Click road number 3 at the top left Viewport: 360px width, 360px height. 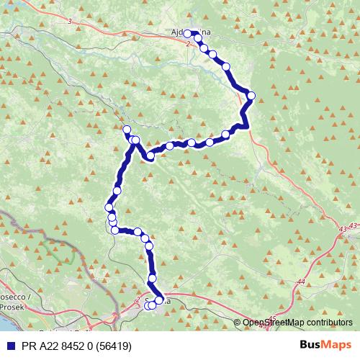click(x=70, y=22)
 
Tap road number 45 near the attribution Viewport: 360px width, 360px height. click(x=272, y=318)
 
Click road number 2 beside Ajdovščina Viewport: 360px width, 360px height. click(x=187, y=44)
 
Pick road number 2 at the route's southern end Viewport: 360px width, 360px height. click(x=137, y=300)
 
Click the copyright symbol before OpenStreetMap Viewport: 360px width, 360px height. click(x=238, y=323)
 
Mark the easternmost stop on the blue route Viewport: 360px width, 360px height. click(x=251, y=95)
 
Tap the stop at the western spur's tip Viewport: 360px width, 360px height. click(x=127, y=130)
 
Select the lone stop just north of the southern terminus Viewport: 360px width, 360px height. click(x=152, y=279)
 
